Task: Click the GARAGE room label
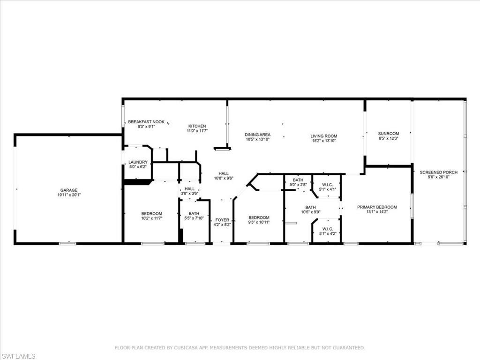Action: point(69,190)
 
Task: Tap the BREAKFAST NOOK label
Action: point(146,122)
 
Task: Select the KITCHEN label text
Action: point(197,126)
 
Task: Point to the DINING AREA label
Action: point(257,135)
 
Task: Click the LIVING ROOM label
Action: point(324,136)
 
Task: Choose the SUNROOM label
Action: point(389,134)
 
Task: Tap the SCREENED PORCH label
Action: point(439,172)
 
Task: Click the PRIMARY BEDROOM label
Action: point(377,207)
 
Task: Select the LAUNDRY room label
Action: point(138,162)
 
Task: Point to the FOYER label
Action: point(222,220)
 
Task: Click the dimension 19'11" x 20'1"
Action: point(69,195)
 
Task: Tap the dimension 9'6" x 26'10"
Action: point(439,177)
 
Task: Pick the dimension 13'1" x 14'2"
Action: point(377,212)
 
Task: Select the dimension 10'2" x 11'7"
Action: point(151,218)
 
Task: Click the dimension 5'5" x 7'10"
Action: point(194,218)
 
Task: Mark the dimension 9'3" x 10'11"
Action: point(259,222)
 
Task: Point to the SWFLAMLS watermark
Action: point(18,356)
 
